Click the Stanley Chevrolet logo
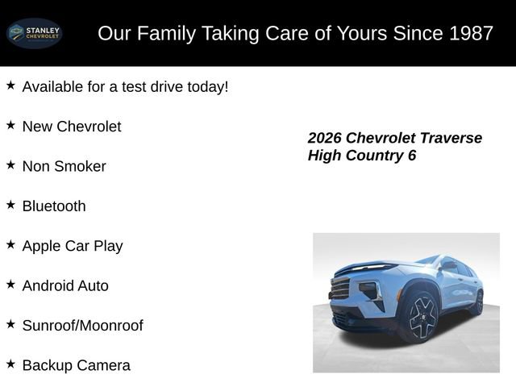[x=34, y=33]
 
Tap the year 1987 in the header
[x=466, y=34]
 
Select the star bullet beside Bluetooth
[x=10, y=205]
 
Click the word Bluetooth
[x=54, y=206]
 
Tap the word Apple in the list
[x=43, y=246]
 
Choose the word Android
[x=48, y=286]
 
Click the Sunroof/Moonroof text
[x=82, y=326]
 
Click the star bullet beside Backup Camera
[x=10, y=364]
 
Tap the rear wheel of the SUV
[x=477, y=302]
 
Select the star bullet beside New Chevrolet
[x=10, y=125]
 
